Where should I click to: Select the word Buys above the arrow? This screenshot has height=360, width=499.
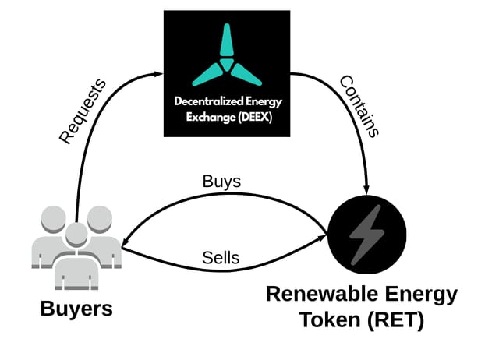point(221,182)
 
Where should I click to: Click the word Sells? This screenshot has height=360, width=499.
point(221,258)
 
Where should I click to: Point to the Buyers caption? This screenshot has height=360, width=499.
point(76,307)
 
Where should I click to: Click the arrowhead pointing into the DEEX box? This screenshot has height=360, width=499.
point(158,73)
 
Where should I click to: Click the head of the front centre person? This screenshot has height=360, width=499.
point(76,233)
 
